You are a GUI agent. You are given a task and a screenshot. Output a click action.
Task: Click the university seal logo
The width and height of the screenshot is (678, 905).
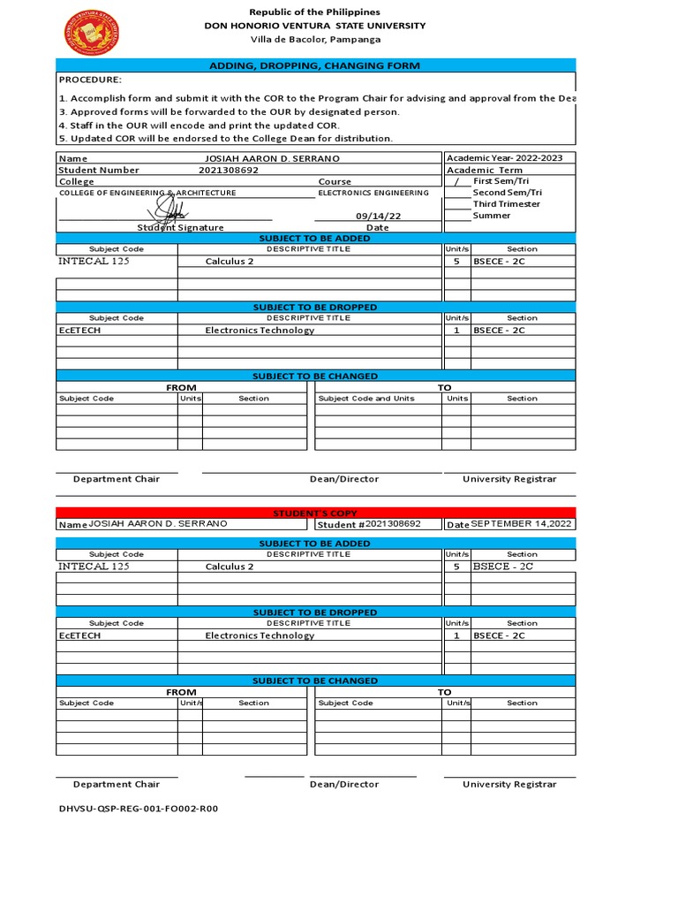[x=92, y=32]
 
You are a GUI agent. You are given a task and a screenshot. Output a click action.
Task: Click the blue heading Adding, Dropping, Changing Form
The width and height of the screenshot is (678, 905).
[x=315, y=65]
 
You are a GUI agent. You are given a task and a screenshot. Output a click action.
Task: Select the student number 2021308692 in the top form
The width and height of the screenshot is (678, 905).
[x=229, y=170]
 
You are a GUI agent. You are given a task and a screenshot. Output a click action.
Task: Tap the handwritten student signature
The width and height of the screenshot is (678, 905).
[x=167, y=210]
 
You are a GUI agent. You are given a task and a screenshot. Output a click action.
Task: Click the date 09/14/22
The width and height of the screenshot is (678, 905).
[x=378, y=216]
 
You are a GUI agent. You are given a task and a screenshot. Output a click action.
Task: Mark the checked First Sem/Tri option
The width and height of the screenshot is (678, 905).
[x=456, y=181]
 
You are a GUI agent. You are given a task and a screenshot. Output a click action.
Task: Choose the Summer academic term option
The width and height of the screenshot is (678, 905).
[x=492, y=216]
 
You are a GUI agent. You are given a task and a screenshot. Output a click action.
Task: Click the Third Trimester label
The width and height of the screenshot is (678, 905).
[x=506, y=204]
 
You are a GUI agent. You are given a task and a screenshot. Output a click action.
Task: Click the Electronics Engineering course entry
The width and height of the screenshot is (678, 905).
[x=373, y=193]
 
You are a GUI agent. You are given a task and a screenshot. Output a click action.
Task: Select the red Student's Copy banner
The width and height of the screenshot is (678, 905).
[x=315, y=513]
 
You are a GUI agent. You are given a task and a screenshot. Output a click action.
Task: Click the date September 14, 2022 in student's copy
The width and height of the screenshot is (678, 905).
[x=521, y=524]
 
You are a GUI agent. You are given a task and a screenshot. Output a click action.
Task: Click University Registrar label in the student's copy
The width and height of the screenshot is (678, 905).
[x=509, y=784]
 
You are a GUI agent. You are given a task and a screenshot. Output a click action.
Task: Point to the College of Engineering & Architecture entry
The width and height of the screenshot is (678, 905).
[x=147, y=193]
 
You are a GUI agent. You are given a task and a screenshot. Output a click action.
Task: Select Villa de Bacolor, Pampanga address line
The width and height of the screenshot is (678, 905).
[x=315, y=40]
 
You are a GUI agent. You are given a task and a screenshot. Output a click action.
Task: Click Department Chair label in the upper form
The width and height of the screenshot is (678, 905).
[x=117, y=479]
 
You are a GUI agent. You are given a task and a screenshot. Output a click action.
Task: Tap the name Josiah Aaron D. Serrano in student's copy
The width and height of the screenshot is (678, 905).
[x=158, y=524]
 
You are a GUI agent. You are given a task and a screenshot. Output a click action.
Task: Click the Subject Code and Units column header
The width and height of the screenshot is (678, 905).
[x=366, y=399]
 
